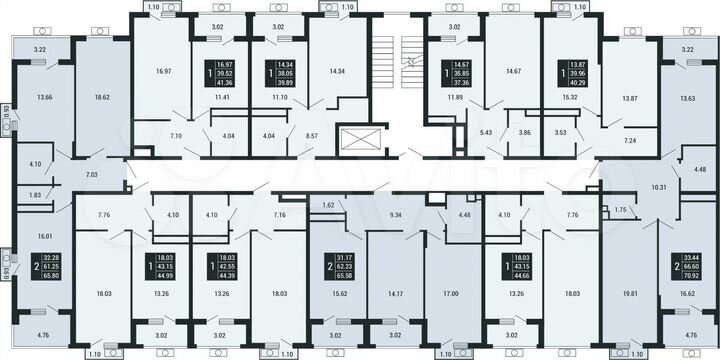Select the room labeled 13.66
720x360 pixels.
[44, 99]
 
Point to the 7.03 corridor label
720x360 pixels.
[92, 175]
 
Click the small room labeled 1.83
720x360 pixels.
[35, 195]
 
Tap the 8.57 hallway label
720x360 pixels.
[312, 134]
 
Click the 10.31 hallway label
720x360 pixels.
[631, 187]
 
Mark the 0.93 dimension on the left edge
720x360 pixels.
[6, 270]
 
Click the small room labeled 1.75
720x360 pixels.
[620, 210]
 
